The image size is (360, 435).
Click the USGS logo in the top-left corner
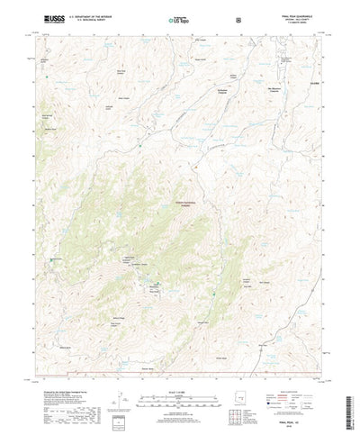coord(49,17)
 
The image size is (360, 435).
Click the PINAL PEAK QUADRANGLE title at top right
coord(294,14)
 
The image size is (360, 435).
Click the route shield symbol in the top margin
coord(237,18)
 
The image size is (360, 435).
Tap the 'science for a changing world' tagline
coord(50,23)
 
